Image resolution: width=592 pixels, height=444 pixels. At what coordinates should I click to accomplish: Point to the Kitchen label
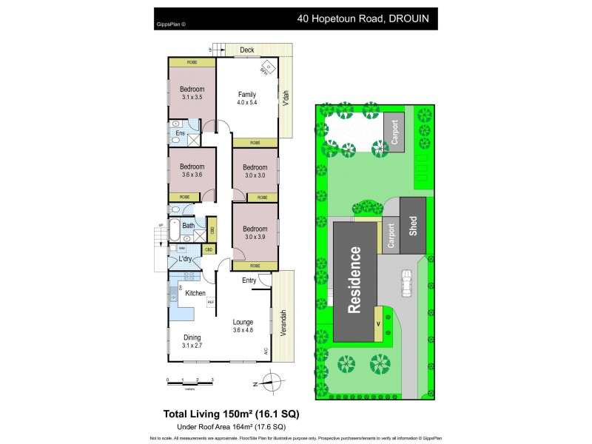point(195,294)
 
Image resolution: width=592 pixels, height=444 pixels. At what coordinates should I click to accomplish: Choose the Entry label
point(249,280)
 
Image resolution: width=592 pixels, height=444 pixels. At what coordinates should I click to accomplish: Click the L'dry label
point(185,259)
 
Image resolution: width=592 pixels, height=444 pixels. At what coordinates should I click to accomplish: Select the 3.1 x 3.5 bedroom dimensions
point(192,97)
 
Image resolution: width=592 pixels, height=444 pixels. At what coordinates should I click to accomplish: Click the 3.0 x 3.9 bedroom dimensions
point(255,237)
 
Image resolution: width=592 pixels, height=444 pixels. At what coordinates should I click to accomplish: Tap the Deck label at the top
point(247,50)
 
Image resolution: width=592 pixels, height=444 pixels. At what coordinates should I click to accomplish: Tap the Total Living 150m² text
point(230,413)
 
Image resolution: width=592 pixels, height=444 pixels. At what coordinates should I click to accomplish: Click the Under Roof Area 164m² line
point(231,427)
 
